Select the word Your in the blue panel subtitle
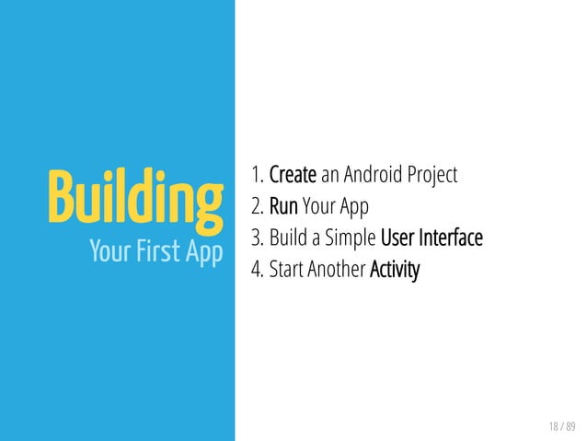coord(109,250)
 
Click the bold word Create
coord(293,175)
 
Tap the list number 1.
coord(255,175)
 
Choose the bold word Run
coord(283,207)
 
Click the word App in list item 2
coord(353,208)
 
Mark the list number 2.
coord(256,207)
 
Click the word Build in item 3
coord(288,238)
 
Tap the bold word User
coord(397,238)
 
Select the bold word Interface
coord(451,238)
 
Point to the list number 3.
coord(256,238)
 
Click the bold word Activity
coord(394,272)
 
